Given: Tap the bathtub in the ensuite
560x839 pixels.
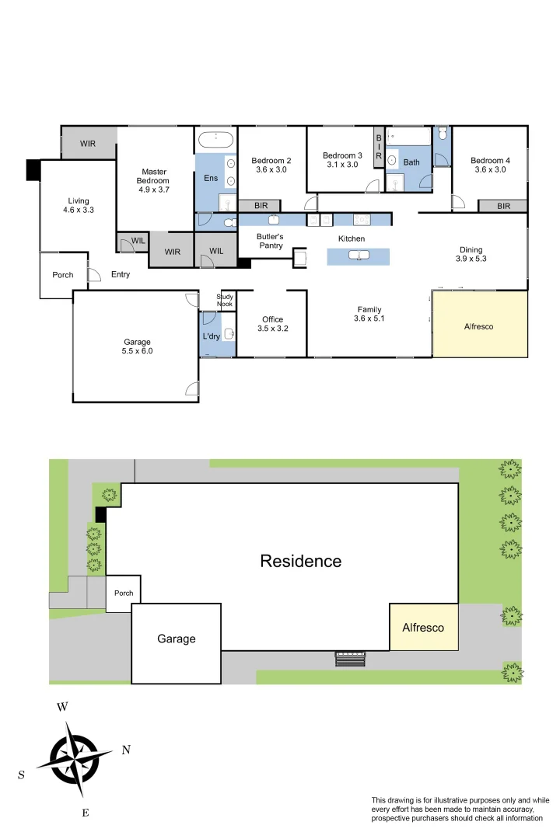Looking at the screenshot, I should (215, 141).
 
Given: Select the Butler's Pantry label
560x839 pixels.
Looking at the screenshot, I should (270, 241).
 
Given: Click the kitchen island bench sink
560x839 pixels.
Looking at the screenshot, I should (358, 256).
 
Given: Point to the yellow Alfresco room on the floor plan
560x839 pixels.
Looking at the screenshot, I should (479, 326).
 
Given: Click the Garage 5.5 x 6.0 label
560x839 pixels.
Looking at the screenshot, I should (137, 346).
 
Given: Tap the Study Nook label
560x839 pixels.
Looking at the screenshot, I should (225, 300).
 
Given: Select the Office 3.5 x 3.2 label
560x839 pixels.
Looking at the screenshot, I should (272, 324).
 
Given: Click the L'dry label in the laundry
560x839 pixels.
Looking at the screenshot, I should (211, 336).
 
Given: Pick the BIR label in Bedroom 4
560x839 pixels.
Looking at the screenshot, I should (503, 206).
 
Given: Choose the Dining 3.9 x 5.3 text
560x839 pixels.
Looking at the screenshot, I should (471, 255).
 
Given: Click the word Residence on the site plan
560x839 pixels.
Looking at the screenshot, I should (300, 561).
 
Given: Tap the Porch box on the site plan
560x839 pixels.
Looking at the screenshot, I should (124, 594).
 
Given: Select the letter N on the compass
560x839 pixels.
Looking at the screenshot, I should (126, 750).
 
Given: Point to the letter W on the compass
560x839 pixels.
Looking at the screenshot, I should (63, 707).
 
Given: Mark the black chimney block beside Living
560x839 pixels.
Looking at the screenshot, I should (33, 170).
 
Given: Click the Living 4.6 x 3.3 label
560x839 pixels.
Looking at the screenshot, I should (79, 205).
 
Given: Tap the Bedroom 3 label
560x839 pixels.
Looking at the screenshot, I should (342, 160).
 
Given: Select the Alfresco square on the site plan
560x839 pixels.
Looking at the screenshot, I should (423, 627).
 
